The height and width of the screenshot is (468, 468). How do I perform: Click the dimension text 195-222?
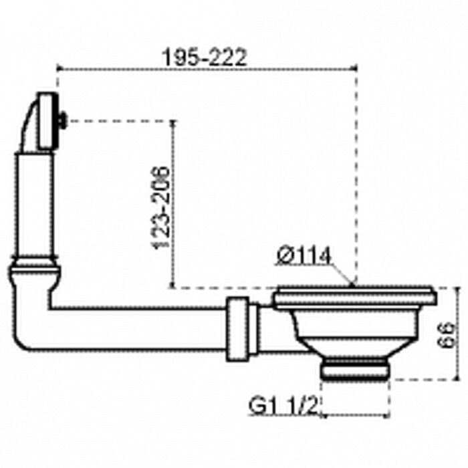[x=205, y=56]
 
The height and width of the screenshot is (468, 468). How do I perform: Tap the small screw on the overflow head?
[x=62, y=121]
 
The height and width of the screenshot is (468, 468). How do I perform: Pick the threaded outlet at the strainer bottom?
[x=354, y=369]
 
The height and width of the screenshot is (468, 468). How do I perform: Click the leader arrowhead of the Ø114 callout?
[x=352, y=285]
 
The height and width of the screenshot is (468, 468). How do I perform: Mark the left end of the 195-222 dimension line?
[x=57, y=68]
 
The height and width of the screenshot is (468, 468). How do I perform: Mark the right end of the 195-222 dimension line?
[x=356, y=68]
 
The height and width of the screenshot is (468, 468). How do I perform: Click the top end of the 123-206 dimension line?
[x=174, y=122]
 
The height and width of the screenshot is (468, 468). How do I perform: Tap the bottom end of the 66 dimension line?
[x=459, y=378]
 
